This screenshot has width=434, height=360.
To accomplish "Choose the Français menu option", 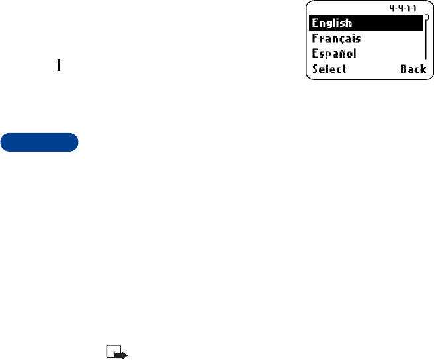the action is pos(337,38).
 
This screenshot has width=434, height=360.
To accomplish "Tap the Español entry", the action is pos(334,53).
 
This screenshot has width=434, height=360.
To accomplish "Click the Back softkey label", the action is pos(413,69).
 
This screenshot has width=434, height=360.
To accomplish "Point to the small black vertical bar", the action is pos(59,66).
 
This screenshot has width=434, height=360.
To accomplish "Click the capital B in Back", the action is pos(404,69).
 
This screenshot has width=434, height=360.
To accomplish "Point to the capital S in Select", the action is pos(315,69).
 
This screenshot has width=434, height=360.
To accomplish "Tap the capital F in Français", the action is pos(315,38).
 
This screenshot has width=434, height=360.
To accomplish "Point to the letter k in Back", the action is pos(423,69).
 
